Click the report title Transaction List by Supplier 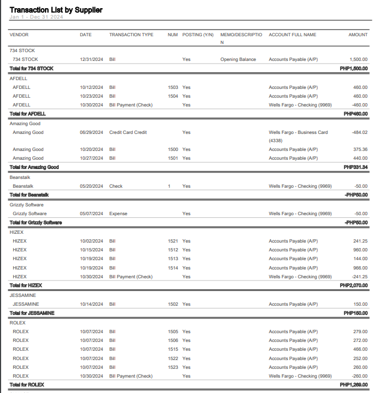click(x=56, y=10)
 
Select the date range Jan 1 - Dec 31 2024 click(x=37, y=18)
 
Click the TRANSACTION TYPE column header click(x=131, y=35)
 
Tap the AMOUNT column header click(x=358, y=35)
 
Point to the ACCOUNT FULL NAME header click(x=292, y=35)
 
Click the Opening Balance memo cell click(x=238, y=59)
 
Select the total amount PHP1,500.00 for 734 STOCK click(x=353, y=69)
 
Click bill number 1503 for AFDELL click(x=173, y=87)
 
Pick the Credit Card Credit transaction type click(x=128, y=132)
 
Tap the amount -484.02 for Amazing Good click(x=359, y=132)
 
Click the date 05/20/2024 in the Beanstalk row click(x=92, y=186)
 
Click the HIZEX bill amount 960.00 click(x=360, y=250)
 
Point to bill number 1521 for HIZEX click(x=173, y=241)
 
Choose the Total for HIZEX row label click(x=26, y=285)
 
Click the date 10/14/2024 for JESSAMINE click(x=92, y=304)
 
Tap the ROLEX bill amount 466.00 click(x=360, y=349)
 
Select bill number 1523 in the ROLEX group click(x=173, y=367)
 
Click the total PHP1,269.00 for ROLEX click(x=353, y=385)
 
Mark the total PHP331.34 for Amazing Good click(x=355, y=167)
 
